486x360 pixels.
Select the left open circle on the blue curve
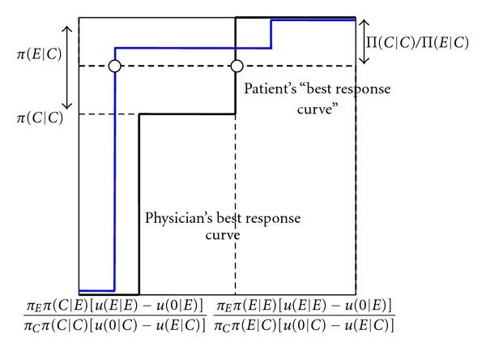pyautogui.click(x=114, y=66)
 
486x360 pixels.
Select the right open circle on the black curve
pyautogui.click(x=237, y=66)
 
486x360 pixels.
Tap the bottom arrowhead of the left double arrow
pyautogui.click(x=68, y=109)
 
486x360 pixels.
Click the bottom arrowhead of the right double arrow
pyautogui.click(x=363, y=62)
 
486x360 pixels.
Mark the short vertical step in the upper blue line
pyautogui.click(x=271, y=34)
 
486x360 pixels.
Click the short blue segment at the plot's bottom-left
pyautogui.click(x=96, y=289)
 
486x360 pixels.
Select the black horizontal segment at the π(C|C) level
pyautogui.click(x=187, y=114)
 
